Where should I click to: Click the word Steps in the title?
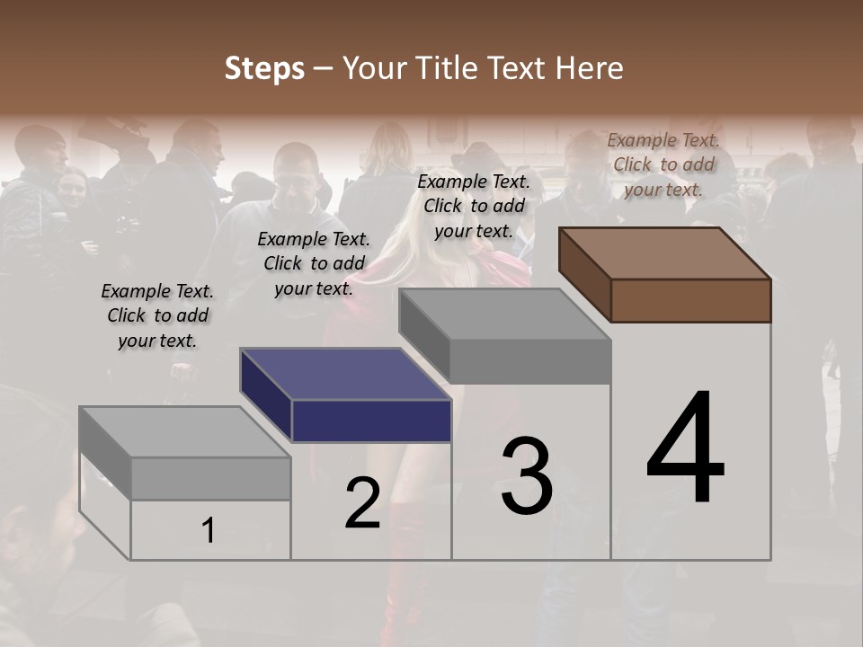point(264,68)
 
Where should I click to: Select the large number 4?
point(685,448)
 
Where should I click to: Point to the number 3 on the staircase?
point(527,475)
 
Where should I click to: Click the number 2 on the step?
point(362,503)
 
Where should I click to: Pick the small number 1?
point(208,531)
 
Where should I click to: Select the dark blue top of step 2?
point(346,373)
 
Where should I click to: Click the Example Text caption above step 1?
point(157,315)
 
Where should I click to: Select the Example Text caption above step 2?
point(314,263)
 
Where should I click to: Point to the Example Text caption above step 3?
point(474,206)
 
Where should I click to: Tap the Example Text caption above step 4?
point(663,164)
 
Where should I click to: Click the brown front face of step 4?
point(690,300)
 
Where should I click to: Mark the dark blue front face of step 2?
point(371,421)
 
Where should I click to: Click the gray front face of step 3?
point(530,361)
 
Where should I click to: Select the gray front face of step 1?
point(210,478)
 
